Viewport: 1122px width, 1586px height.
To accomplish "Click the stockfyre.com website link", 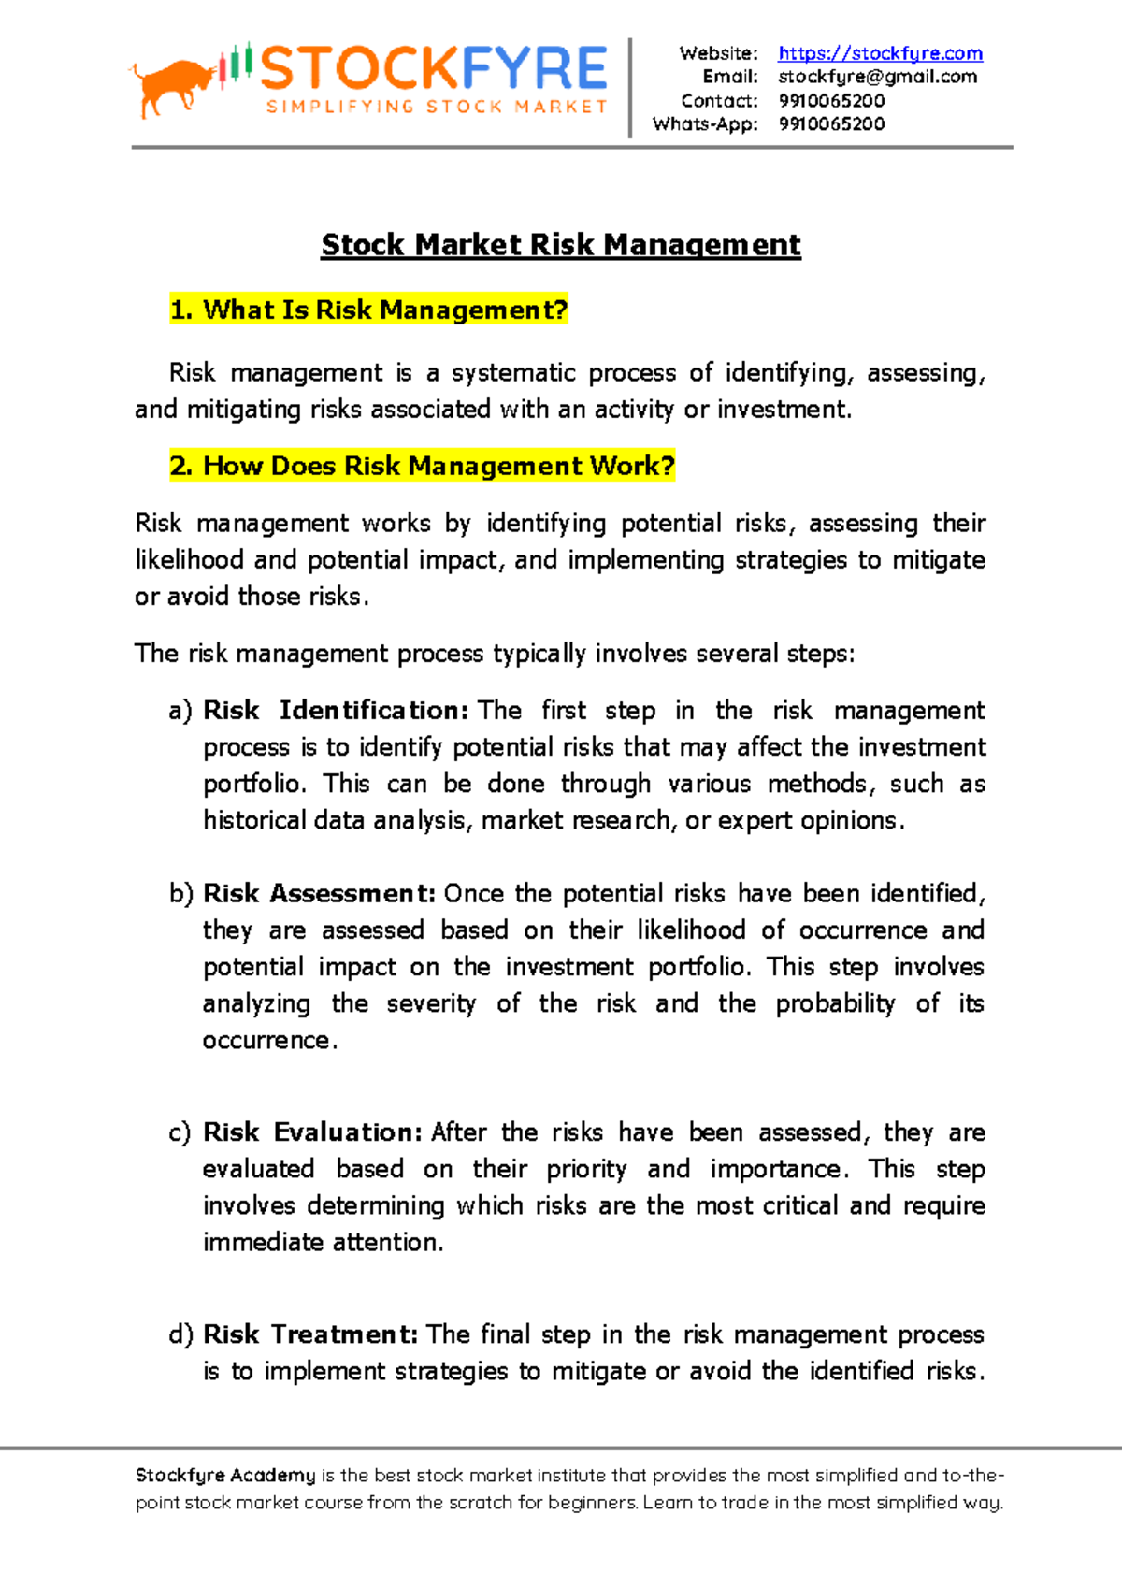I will (880, 53).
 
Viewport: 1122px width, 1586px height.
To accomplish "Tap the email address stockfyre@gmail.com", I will (877, 77).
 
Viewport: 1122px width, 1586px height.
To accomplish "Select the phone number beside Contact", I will (831, 100).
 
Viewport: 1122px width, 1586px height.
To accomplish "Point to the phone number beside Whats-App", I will (831, 123).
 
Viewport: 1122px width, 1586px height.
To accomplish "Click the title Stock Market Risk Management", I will (560, 245).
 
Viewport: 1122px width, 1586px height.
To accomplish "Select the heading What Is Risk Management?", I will (368, 310).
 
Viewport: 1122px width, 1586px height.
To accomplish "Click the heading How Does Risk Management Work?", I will (422, 466).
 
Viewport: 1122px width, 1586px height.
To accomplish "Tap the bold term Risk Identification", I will (336, 711).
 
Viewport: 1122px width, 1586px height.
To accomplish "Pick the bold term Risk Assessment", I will (319, 894).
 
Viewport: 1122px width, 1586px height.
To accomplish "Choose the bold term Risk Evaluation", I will (313, 1132).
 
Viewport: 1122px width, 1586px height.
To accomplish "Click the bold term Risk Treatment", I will (310, 1334).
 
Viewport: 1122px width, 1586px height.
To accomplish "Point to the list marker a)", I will (180, 711).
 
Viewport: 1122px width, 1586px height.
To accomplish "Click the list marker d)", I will (180, 1334).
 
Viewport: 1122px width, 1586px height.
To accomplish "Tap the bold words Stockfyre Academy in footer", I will (225, 1476).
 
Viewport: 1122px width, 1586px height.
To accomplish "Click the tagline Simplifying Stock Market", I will (437, 107).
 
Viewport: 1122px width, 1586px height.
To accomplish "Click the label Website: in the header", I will (718, 53).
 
